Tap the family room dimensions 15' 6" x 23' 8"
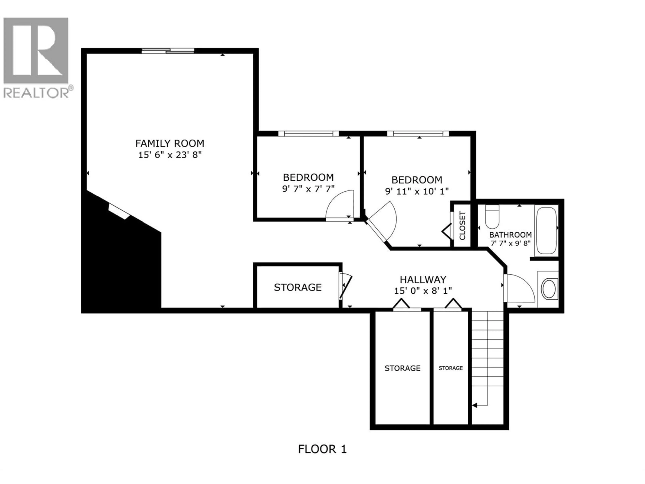click(x=170, y=155)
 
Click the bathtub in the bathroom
click(x=546, y=230)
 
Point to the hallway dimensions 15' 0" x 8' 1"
click(x=423, y=291)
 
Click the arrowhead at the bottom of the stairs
click(x=474, y=405)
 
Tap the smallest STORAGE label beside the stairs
click(x=450, y=368)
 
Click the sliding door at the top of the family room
click(x=168, y=51)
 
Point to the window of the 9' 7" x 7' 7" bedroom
click(x=308, y=134)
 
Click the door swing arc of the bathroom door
click(x=525, y=286)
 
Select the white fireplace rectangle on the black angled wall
click(x=119, y=211)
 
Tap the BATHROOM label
click(x=510, y=235)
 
